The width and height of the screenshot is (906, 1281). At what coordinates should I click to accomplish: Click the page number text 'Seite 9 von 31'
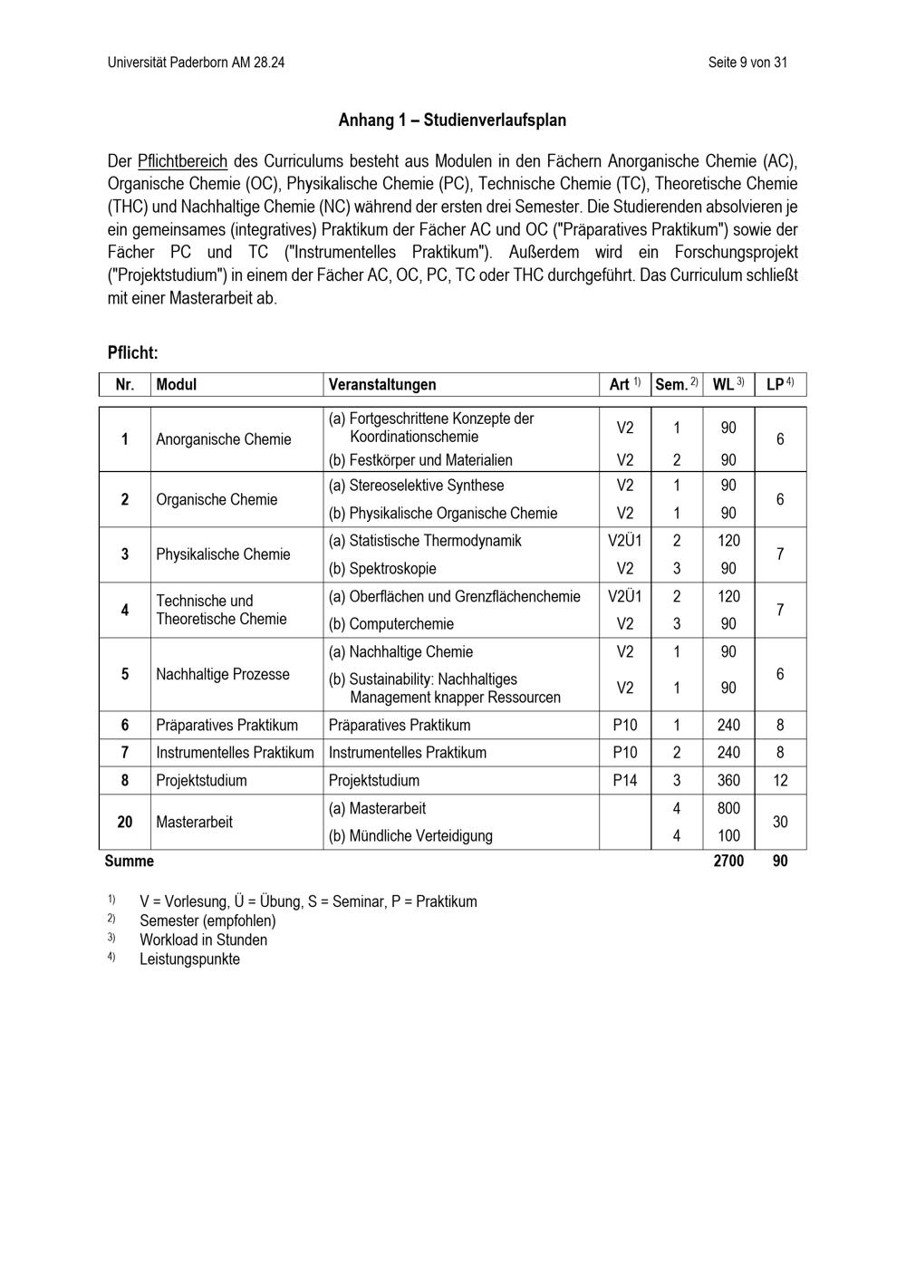click(x=747, y=63)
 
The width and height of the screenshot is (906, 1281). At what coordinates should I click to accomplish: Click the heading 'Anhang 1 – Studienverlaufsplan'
click(x=452, y=120)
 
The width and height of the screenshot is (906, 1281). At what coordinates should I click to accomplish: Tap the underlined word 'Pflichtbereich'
click(x=182, y=161)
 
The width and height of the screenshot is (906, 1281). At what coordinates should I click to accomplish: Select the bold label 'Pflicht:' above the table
click(x=132, y=352)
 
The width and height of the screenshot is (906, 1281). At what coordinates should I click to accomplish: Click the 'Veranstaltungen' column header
click(x=381, y=384)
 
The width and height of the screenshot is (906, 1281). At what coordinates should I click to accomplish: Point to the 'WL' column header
click(x=724, y=384)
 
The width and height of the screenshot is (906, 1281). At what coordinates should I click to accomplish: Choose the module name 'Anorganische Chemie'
click(x=224, y=439)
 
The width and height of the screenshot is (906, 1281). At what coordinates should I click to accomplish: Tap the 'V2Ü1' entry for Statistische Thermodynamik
click(x=625, y=541)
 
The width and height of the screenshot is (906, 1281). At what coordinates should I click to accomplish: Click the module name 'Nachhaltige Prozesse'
click(x=223, y=674)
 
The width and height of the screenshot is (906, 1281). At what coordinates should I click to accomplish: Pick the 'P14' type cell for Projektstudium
click(x=625, y=780)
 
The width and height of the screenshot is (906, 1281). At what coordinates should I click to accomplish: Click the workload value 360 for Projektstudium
click(x=728, y=780)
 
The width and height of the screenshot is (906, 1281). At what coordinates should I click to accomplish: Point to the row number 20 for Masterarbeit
click(x=125, y=822)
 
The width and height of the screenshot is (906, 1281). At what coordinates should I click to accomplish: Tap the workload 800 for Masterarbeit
click(x=728, y=808)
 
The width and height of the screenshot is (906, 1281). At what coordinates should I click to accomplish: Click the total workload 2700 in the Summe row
click(x=728, y=861)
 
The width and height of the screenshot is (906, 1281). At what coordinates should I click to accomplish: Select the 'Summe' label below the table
click(x=130, y=861)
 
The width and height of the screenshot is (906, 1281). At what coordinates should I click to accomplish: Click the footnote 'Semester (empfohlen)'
click(x=207, y=920)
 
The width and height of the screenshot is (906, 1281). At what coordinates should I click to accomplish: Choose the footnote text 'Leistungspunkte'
click(x=189, y=958)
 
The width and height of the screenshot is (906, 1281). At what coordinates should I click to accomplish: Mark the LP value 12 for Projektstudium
click(x=780, y=780)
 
